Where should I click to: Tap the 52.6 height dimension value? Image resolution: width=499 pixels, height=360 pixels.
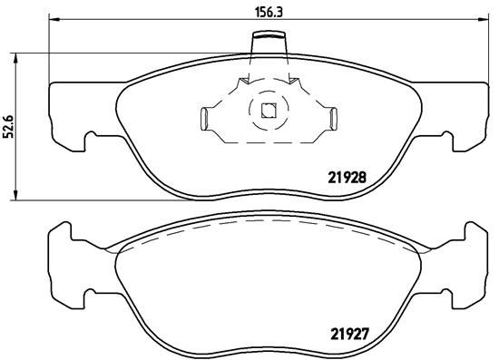[9, 125]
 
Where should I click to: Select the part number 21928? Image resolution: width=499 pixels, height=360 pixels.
[347, 178]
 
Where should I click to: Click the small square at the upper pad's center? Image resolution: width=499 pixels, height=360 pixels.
[268, 112]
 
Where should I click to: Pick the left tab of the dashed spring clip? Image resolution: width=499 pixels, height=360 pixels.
[206, 117]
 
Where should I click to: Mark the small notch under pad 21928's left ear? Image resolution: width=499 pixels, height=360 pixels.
[92, 140]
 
